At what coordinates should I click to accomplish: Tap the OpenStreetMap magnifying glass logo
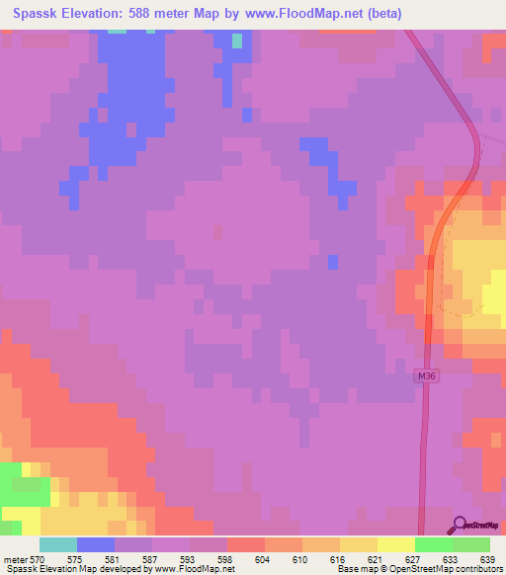(461, 526)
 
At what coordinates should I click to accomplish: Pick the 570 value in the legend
(37, 559)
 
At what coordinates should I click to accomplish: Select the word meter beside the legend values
(15, 559)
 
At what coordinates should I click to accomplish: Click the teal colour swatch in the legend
(58, 544)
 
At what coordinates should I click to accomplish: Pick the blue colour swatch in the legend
(96, 544)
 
